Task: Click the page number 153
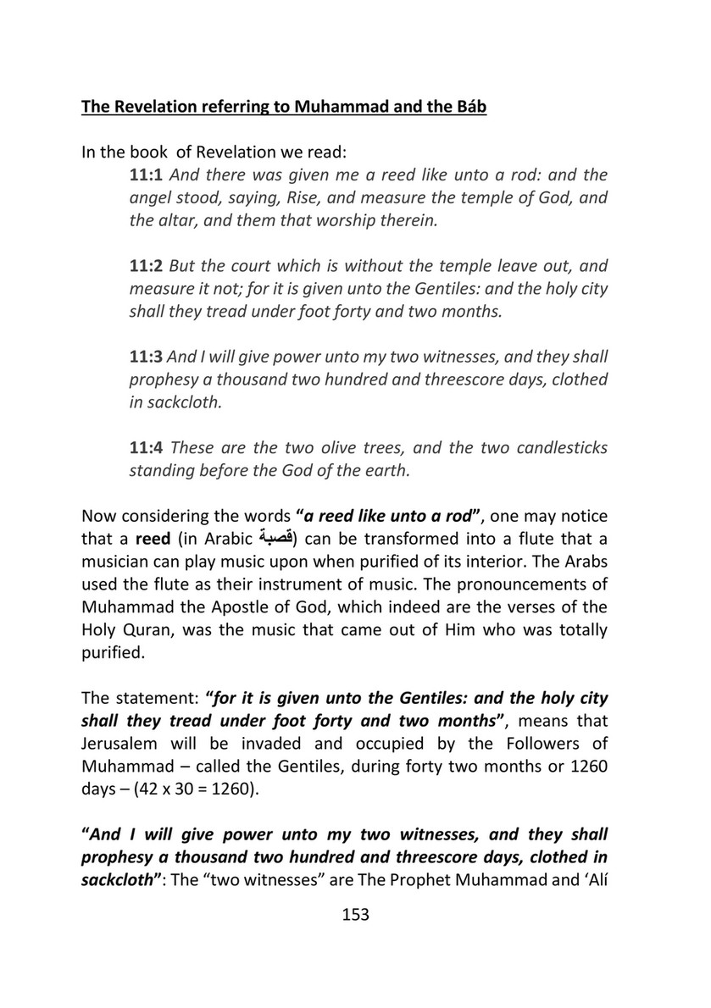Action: click(355, 915)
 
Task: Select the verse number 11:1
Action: click(146, 176)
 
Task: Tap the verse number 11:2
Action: click(146, 265)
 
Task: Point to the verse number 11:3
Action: click(146, 357)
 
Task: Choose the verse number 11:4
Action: click(146, 447)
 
